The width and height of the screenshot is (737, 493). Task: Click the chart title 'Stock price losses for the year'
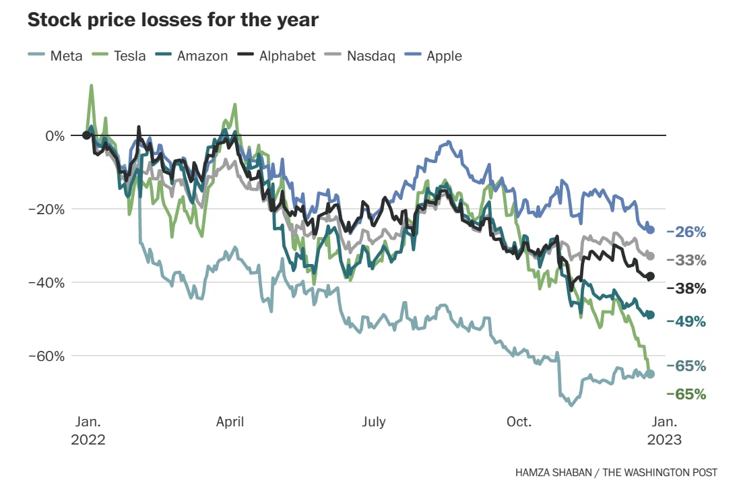click(x=172, y=20)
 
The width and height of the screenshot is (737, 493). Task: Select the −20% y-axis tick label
click(x=46, y=209)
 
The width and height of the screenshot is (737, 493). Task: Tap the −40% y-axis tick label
click(x=46, y=282)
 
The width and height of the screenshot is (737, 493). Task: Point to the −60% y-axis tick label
click(x=46, y=356)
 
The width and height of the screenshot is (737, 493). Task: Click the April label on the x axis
click(x=230, y=422)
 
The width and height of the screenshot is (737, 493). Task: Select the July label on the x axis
click(x=374, y=422)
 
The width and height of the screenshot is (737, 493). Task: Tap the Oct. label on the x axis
click(x=519, y=422)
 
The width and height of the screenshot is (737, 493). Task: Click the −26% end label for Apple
click(x=686, y=232)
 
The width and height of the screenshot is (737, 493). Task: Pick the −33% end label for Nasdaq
click(x=686, y=260)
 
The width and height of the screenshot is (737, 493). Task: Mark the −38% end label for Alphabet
click(x=686, y=288)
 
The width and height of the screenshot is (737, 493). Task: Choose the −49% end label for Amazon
click(x=686, y=321)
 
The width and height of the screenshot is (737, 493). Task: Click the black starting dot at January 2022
click(x=86, y=135)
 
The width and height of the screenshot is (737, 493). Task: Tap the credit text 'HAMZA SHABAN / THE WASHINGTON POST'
click(x=616, y=473)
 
